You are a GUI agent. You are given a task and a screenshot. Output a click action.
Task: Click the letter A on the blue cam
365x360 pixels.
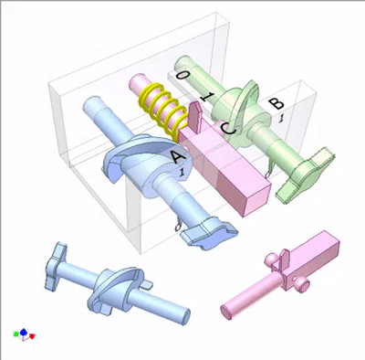178,157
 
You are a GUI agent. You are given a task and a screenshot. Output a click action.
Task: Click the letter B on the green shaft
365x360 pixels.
276,103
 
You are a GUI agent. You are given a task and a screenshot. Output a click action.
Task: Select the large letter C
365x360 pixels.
228,129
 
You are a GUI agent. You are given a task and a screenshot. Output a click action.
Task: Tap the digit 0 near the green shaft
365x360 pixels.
182,74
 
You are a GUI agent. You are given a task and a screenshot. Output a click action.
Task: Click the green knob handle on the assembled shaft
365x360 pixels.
305,175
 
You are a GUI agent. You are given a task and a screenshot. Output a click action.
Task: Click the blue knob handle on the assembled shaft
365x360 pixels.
209,234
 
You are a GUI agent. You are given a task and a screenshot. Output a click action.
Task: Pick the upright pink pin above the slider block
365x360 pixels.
195,118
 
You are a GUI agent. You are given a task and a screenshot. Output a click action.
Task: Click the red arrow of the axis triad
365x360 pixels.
32,336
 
